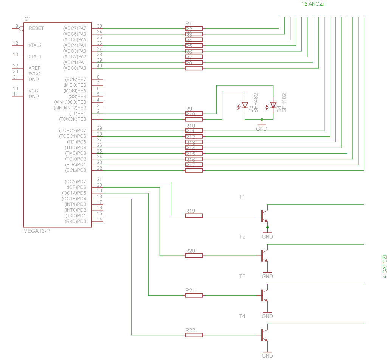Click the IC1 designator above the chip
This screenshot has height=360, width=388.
tap(27, 19)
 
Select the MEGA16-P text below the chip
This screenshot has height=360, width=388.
tap(37, 231)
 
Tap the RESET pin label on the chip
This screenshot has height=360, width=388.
tap(36, 28)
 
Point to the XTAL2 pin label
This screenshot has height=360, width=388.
tap(35, 45)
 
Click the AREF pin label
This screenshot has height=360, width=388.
tap(34, 68)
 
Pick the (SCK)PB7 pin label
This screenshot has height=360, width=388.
tap(76, 79)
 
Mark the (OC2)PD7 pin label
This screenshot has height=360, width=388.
tap(76, 182)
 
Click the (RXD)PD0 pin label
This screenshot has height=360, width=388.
tap(76, 221)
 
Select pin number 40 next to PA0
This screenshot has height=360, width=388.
tap(99, 66)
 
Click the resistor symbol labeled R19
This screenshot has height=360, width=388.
tap(194, 216)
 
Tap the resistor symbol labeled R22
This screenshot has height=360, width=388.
tap(194, 335)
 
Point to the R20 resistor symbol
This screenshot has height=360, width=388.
tap(194, 256)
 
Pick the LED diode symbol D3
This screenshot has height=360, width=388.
tap(245, 105)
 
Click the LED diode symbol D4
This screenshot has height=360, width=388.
tap(273, 105)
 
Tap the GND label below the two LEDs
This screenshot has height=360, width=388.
tap(262, 129)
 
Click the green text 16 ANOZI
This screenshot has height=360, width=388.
tap(312, 4)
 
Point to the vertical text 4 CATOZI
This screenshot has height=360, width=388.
tap(385, 267)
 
